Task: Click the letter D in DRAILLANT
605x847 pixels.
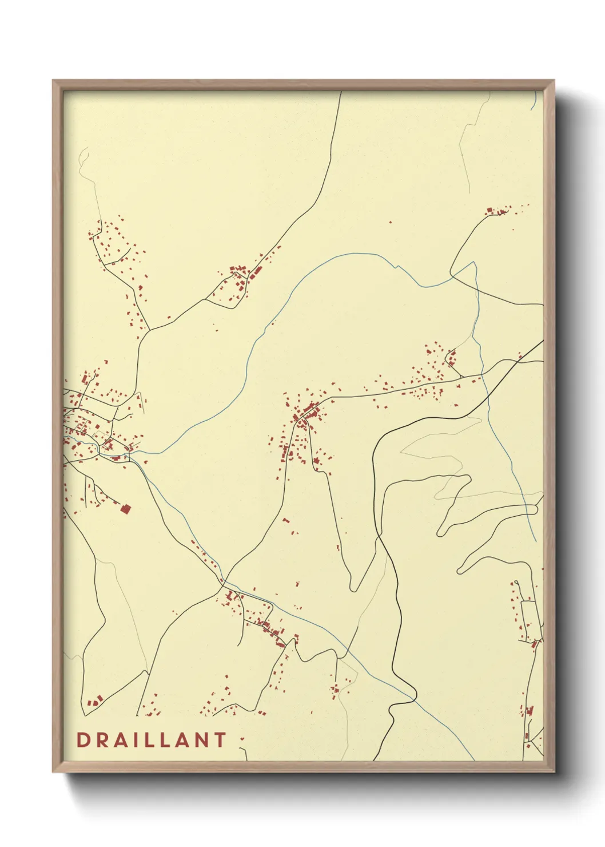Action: point(82,740)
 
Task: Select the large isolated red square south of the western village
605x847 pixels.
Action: point(125,508)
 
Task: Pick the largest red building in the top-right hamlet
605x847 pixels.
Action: point(489,211)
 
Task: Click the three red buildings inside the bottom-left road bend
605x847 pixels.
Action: point(95,700)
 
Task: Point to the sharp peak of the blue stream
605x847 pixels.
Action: point(473,263)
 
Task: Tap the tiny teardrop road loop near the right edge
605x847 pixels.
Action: point(516,583)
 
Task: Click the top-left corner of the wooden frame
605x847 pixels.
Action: point(53,81)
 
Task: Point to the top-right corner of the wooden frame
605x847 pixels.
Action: point(554,81)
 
